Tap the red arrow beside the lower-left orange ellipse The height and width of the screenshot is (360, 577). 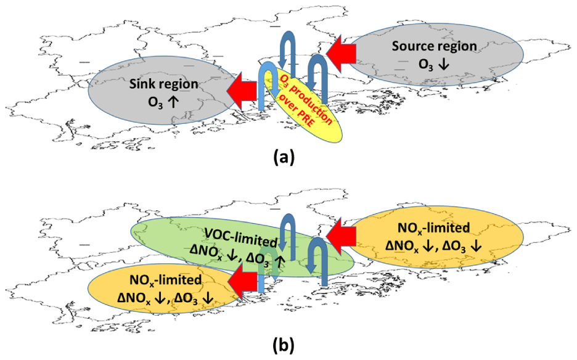tap(243, 282)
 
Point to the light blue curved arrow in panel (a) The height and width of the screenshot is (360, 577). tap(266, 80)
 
